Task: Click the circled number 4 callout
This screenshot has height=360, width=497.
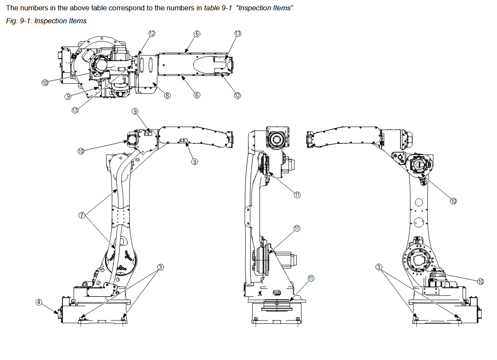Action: pyautogui.click(x=38, y=302)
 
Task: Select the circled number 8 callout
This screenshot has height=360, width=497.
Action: pyautogui.click(x=168, y=96)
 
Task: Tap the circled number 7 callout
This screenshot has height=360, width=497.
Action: pyautogui.click(x=82, y=215)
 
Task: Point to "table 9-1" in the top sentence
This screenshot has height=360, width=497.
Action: pyautogui.click(x=218, y=8)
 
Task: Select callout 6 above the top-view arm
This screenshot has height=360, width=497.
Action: pyautogui.click(x=196, y=34)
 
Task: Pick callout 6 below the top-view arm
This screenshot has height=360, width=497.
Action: pyautogui.click(x=197, y=95)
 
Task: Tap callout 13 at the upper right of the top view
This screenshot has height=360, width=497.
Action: pyautogui.click(x=238, y=34)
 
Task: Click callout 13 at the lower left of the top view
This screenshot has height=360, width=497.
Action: pyautogui.click(x=75, y=110)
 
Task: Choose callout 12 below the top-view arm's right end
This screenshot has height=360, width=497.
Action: pyautogui.click(x=237, y=95)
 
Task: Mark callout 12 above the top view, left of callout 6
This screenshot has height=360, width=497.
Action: pyautogui.click(x=152, y=33)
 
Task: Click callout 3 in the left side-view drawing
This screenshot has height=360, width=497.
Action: pyautogui.click(x=160, y=267)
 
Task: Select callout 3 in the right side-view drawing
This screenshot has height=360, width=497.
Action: pyautogui.click(x=379, y=267)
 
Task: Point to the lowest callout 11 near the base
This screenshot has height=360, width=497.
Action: pyautogui.click(x=311, y=279)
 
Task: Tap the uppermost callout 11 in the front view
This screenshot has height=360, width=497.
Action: pyautogui.click(x=297, y=195)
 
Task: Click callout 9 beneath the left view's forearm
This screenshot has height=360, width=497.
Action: pyautogui.click(x=195, y=161)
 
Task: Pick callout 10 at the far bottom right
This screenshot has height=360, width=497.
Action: pyautogui.click(x=481, y=281)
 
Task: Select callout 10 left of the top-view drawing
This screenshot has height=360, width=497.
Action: pyautogui.click(x=45, y=83)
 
